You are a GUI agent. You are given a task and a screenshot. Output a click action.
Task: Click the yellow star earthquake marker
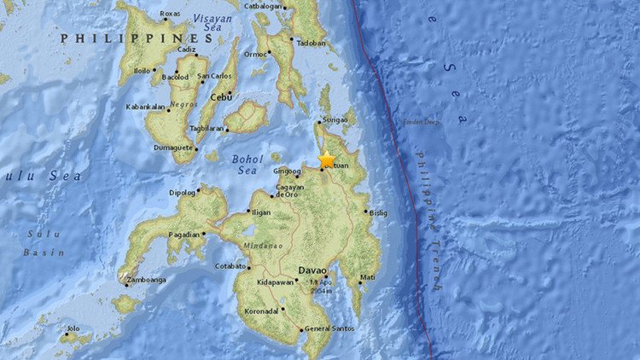click(x=327, y=160)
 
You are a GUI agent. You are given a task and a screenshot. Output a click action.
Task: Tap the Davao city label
click(x=312, y=270)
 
